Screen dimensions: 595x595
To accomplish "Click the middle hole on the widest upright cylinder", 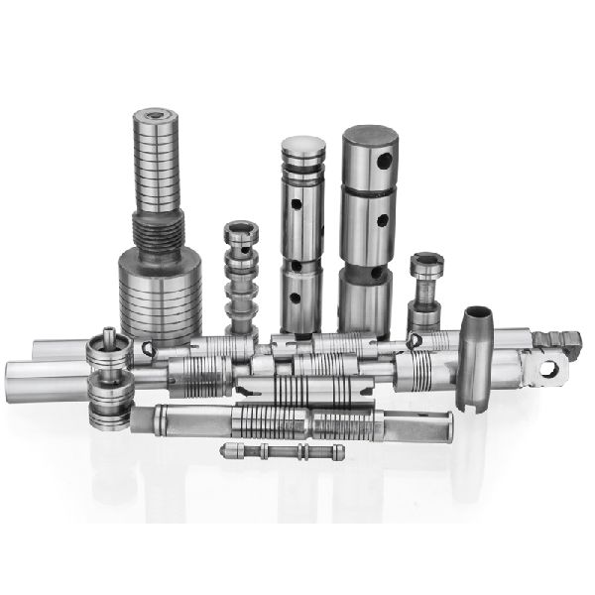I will pyautogui.click(x=381, y=221).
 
